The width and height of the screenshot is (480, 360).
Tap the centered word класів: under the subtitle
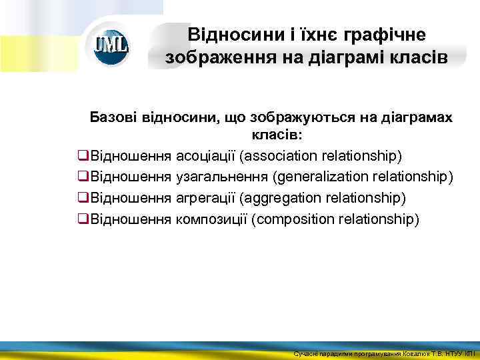277,136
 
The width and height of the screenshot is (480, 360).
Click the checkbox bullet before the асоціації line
83,156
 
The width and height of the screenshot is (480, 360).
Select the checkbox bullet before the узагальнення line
83,177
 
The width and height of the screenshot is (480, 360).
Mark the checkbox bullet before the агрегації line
83,198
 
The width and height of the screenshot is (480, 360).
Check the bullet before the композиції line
83,219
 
